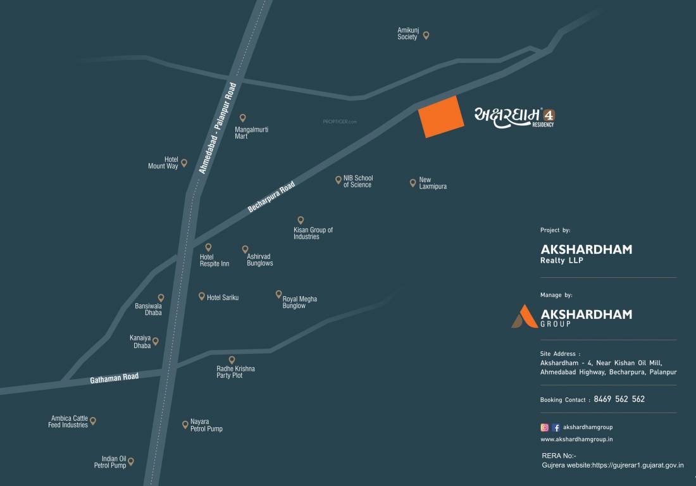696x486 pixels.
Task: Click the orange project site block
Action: click(x=441, y=117)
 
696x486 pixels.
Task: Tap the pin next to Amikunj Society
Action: click(x=426, y=35)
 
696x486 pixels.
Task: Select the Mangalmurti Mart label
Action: click(x=251, y=133)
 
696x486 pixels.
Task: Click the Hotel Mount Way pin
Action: click(x=184, y=163)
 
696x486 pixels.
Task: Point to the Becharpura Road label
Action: click(x=271, y=196)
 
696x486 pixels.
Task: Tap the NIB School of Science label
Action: click(x=358, y=182)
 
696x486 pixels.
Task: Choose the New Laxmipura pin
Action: click(x=413, y=183)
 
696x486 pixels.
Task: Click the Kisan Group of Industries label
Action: click(x=313, y=234)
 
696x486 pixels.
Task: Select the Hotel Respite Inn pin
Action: click(x=208, y=247)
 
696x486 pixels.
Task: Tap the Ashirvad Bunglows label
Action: click(x=260, y=260)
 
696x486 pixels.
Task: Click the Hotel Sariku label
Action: click(x=223, y=297)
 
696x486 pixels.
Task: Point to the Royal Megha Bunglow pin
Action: click(x=278, y=294)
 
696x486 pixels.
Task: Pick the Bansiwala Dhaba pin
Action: click(x=161, y=297)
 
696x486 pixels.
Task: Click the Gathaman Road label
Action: click(x=114, y=378)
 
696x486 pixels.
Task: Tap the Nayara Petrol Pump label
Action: click(x=206, y=425)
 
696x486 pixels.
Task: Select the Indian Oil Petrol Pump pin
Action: click(x=131, y=461)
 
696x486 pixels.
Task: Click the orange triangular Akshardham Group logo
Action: click(x=524, y=316)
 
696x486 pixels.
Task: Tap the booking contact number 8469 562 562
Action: click(x=620, y=399)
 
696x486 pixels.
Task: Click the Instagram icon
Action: click(x=544, y=427)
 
